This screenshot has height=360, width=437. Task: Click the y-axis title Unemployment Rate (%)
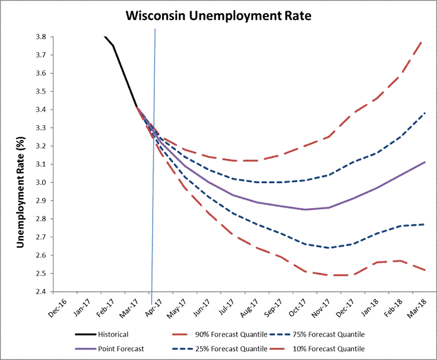20,164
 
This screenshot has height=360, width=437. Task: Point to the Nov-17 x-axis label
335,305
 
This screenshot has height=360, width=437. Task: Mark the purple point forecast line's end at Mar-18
423,162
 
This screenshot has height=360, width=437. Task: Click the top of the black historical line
104,37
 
